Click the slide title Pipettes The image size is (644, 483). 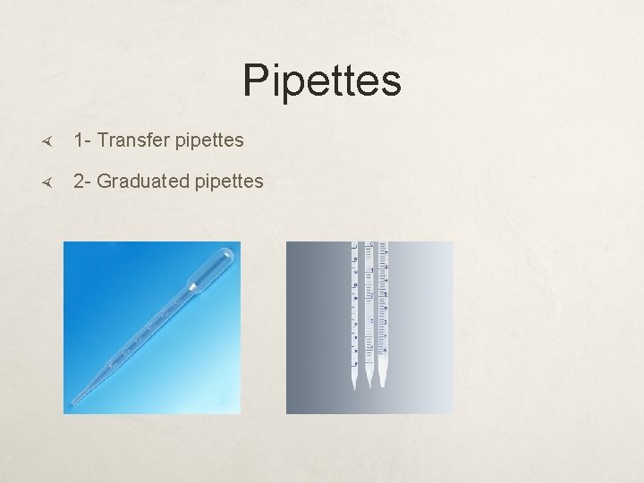click(x=321, y=80)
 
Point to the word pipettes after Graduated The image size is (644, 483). click(x=227, y=182)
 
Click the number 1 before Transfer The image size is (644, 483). click(x=80, y=140)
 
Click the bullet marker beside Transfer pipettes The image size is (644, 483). click(x=49, y=141)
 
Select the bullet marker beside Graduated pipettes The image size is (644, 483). click(x=49, y=182)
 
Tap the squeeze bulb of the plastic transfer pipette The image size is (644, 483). click(x=214, y=267)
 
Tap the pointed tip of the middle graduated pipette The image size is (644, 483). click(x=369, y=385)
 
